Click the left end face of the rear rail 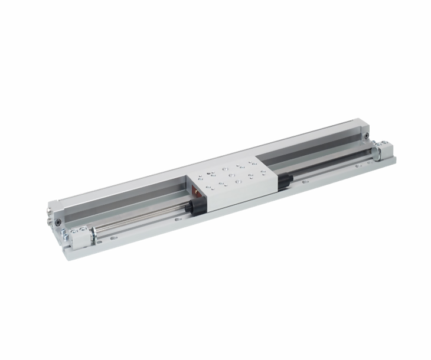pyautogui.click(x=52, y=212)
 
